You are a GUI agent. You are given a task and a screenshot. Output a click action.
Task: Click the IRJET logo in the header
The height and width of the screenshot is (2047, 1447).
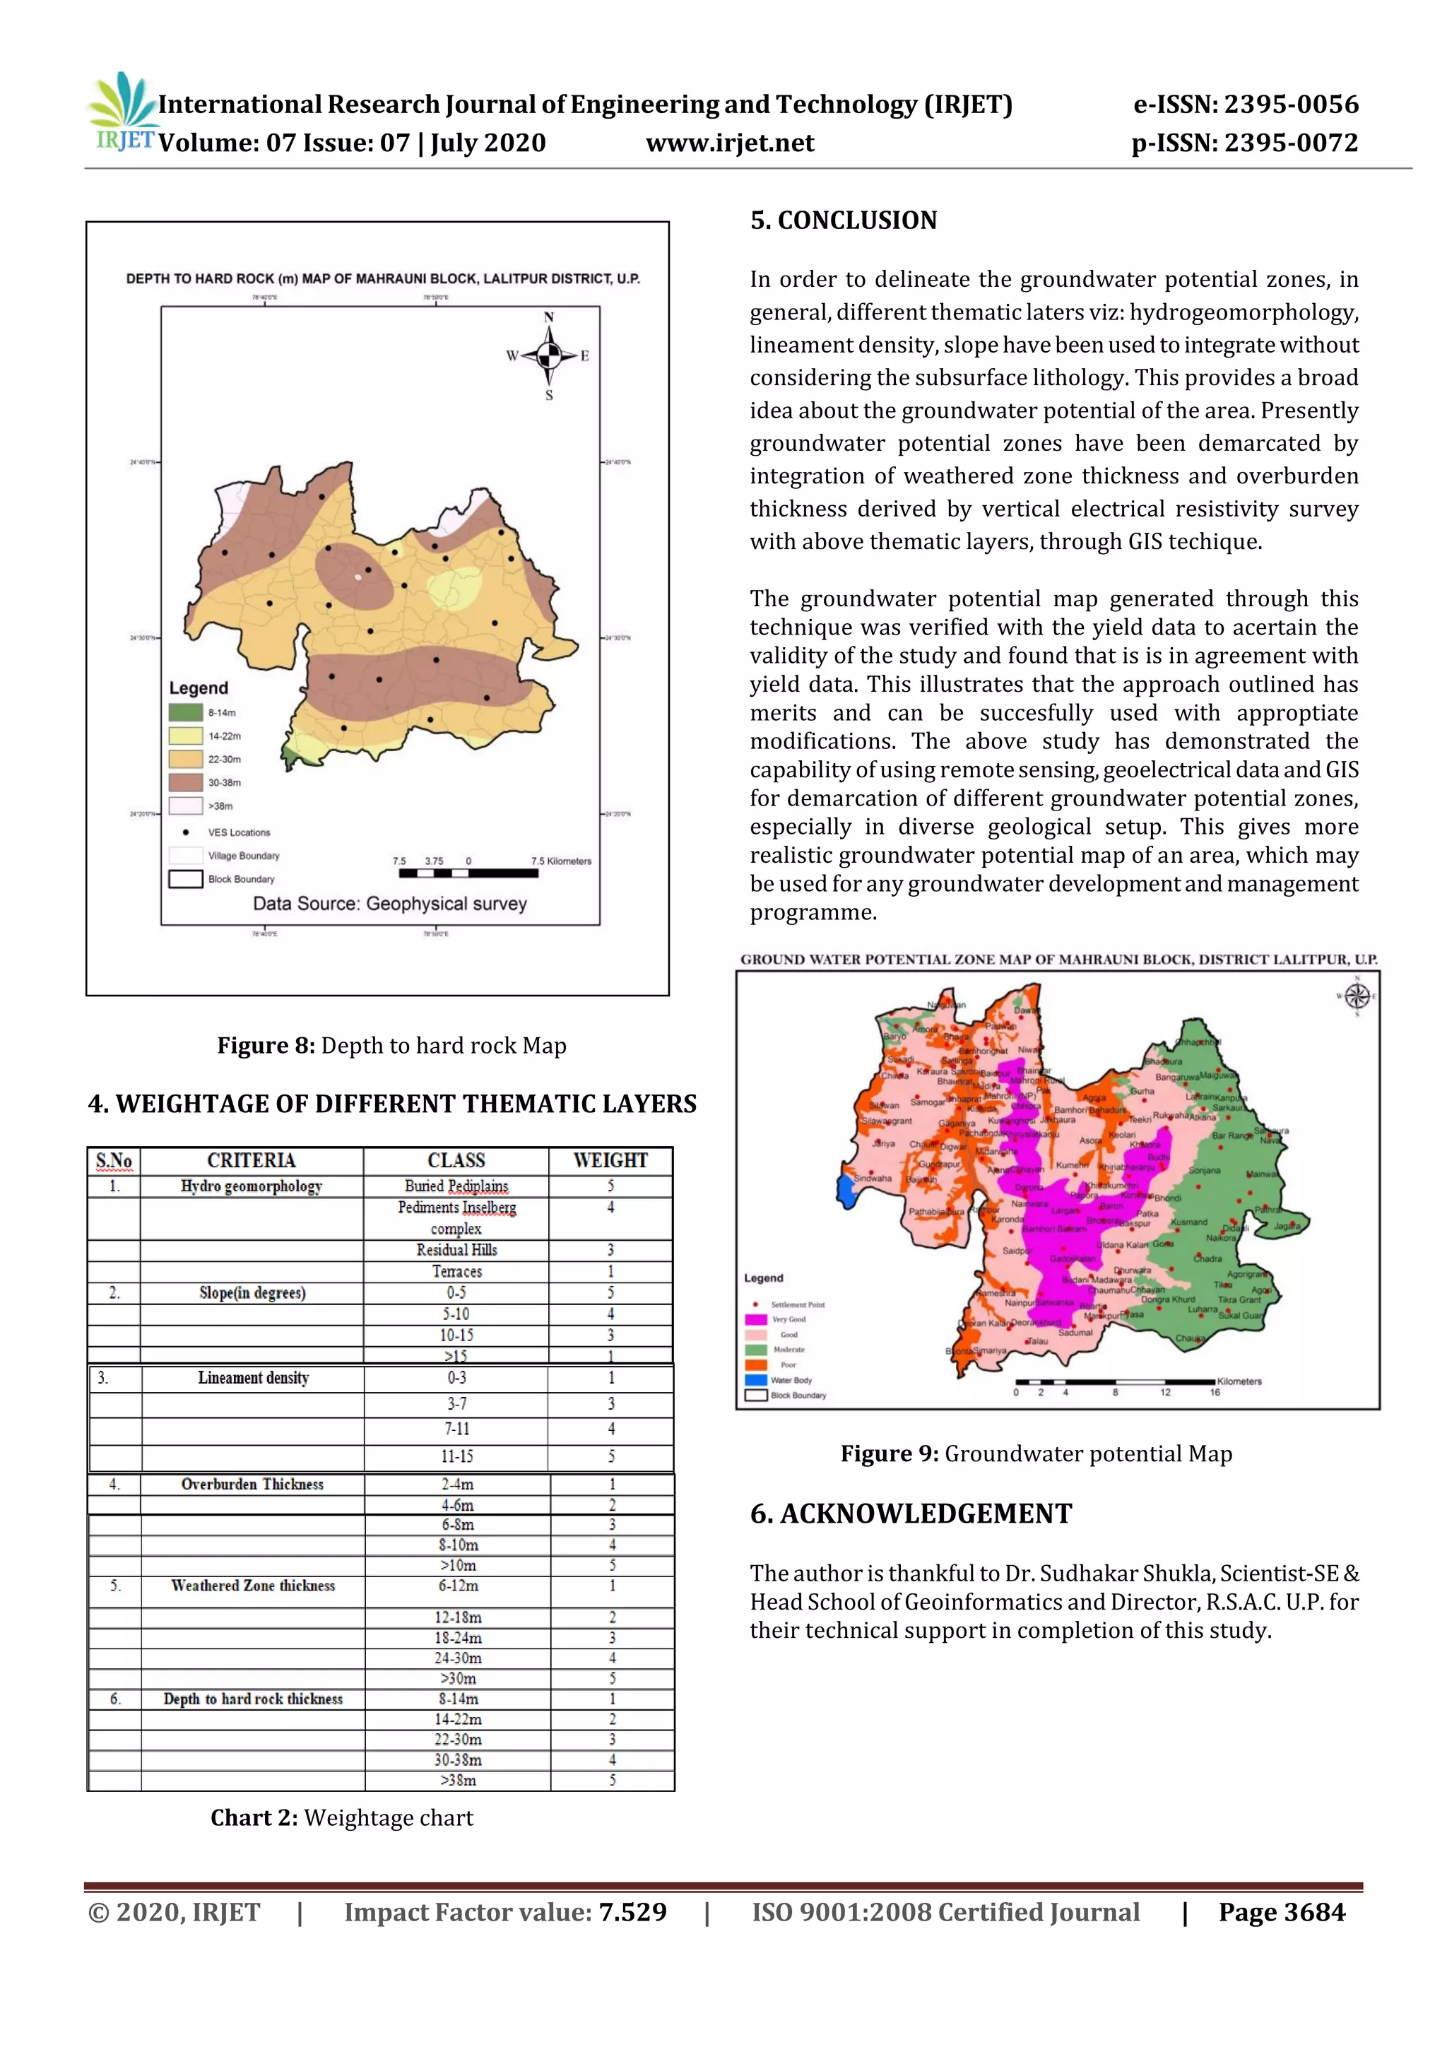[x=123, y=113]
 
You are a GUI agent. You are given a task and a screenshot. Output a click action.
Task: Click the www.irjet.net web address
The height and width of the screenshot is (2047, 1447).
[x=729, y=143]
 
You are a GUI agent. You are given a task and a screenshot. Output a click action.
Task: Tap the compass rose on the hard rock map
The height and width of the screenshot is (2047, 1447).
[x=549, y=355]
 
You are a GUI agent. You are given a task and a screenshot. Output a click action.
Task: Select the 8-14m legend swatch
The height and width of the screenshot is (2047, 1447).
[x=185, y=712]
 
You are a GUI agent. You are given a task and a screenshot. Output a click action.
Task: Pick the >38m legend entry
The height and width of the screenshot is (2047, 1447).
[x=219, y=806]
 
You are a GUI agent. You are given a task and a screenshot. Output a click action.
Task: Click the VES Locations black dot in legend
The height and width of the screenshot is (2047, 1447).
[x=185, y=832]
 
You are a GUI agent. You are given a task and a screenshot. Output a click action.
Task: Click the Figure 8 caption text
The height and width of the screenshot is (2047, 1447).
[x=391, y=1045]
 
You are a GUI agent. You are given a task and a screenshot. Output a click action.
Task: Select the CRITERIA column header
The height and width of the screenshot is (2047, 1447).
[x=252, y=1160]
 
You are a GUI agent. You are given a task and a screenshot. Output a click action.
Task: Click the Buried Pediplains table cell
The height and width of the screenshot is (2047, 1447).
[x=456, y=1186]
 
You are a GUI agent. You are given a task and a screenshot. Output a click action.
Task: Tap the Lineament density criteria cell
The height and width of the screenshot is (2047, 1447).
[x=253, y=1377]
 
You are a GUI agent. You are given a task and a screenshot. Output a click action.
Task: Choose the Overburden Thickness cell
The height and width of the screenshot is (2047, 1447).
[x=252, y=1484]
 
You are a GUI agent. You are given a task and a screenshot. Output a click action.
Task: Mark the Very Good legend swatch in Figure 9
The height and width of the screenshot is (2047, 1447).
[x=756, y=1319]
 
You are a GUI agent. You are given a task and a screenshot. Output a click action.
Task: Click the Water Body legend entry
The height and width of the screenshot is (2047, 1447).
[x=790, y=1380]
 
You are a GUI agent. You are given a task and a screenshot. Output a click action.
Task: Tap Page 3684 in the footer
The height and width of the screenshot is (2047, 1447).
[x=1281, y=1911]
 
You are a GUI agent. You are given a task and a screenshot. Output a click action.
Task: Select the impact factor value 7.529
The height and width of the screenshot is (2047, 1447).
[x=632, y=1911]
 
